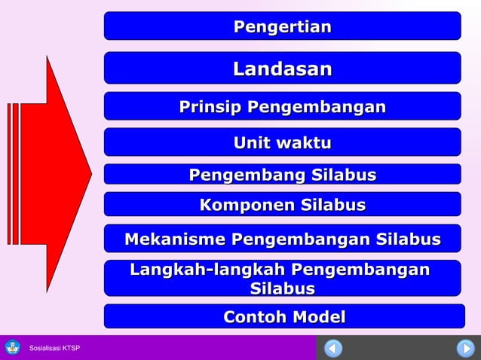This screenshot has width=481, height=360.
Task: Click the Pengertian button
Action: pos(282,26)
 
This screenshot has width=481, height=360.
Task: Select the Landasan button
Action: pos(282,69)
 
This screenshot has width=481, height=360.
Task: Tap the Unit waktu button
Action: pos(282,142)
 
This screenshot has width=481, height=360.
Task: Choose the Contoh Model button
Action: pos(283,317)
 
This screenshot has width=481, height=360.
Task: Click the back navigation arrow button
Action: pos(333,349)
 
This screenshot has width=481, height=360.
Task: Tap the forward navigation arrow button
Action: pos(465,349)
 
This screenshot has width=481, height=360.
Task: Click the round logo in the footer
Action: pos(13,347)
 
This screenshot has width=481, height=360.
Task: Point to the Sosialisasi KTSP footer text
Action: pos(54,348)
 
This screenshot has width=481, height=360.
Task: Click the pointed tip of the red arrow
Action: pos(90,174)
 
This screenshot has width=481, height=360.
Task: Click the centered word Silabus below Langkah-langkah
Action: pos(282,288)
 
